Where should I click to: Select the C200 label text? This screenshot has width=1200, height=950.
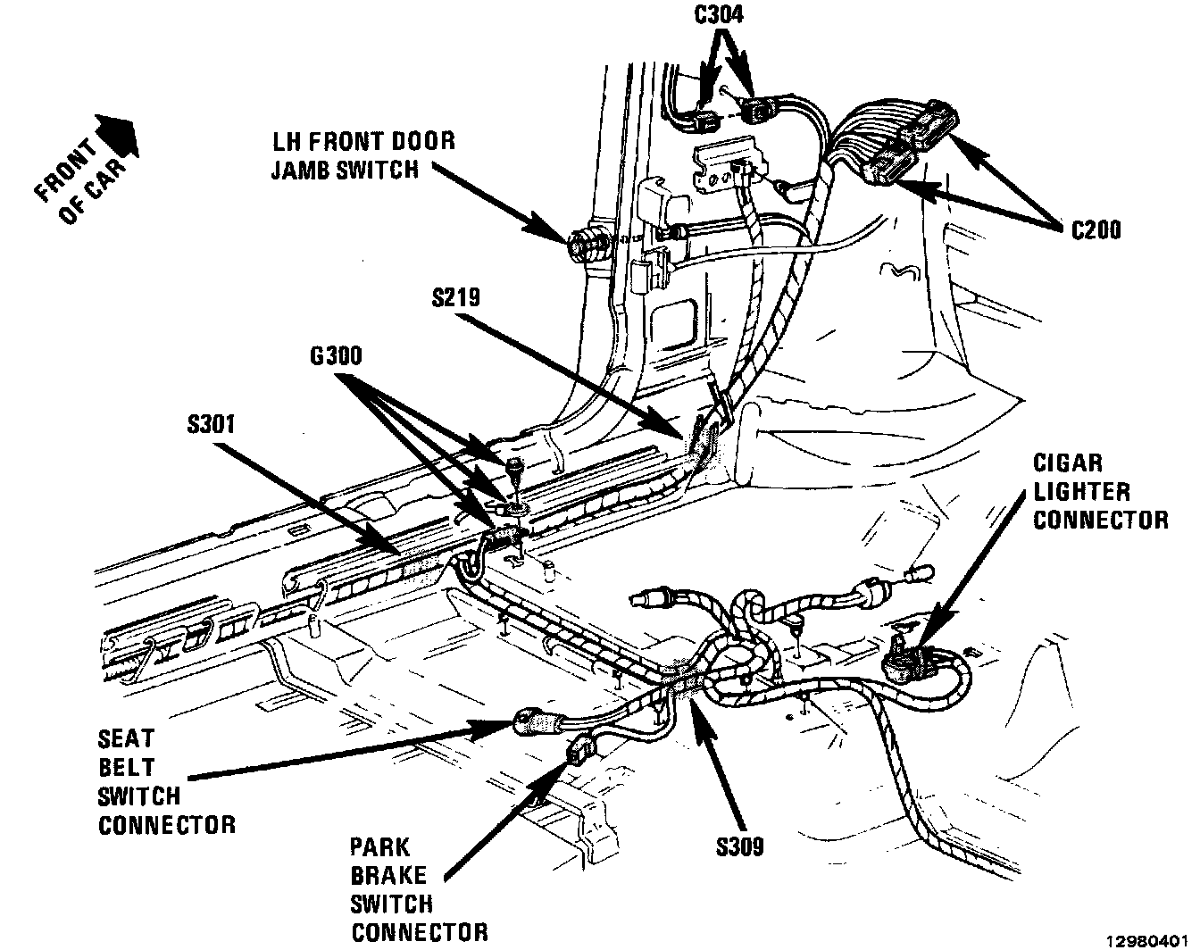1095,229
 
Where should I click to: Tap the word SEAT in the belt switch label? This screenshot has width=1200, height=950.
126,739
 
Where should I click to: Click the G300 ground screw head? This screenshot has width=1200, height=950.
514,465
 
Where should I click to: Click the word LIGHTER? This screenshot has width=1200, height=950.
1081,491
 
